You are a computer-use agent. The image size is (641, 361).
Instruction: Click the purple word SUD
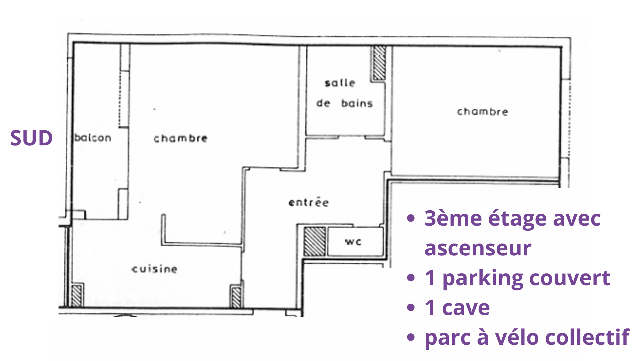pos(31,138)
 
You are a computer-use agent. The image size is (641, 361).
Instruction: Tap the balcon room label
pos(93,138)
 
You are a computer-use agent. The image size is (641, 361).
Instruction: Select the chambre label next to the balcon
pos(181,138)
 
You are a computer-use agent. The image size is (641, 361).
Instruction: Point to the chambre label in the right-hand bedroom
pos(483,111)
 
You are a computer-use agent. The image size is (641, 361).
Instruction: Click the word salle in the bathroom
pos(340,83)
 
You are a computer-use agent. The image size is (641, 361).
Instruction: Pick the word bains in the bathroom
pos(357,103)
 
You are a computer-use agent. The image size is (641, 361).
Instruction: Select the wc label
pos(353,242)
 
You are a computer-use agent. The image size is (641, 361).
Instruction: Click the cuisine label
pos(155,269)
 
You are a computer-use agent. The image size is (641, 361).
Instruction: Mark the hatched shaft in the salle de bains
pos(379,63)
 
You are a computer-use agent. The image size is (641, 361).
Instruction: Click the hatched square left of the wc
pos(315,241)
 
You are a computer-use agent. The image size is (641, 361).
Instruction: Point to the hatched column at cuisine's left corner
pos(77,295)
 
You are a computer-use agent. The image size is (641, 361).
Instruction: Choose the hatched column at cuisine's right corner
pos(236,296)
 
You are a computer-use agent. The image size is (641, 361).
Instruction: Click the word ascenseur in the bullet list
pos(478,248)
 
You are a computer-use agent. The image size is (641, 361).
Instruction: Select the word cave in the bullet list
pos(466,308)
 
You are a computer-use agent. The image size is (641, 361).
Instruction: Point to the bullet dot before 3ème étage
pos(411,218)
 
